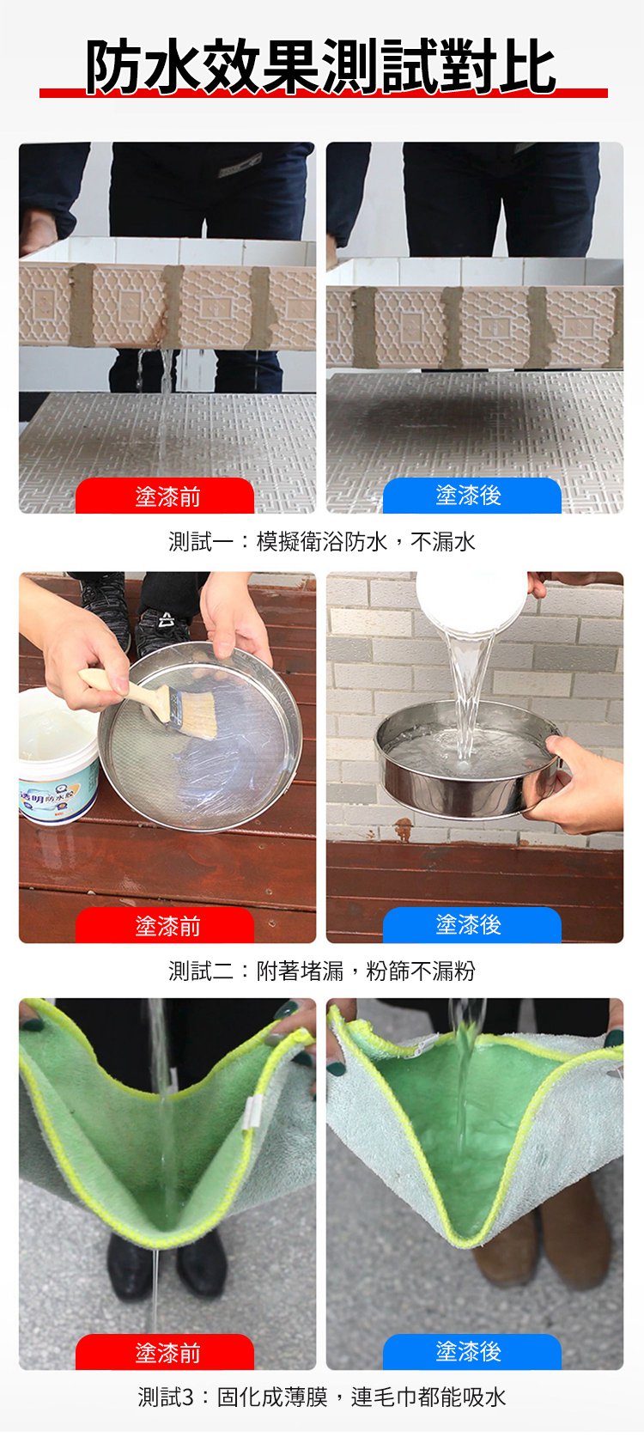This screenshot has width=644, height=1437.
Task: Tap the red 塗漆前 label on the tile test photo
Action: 166,496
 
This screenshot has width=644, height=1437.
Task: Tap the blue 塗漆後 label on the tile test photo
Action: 470,496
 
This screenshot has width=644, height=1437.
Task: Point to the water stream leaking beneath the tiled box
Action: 162,369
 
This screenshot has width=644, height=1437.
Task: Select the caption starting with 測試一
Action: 321,541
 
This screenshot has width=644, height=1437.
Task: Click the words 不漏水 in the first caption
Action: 442,541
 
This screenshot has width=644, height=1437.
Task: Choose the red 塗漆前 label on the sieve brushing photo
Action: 166,926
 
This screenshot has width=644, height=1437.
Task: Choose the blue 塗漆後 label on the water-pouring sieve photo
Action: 470,925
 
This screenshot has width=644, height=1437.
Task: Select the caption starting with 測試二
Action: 321,971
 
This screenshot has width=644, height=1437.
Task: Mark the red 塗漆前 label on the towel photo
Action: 166,1353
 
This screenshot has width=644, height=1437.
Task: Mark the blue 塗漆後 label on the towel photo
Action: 470,1352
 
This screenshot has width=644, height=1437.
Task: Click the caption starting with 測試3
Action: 321,1397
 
